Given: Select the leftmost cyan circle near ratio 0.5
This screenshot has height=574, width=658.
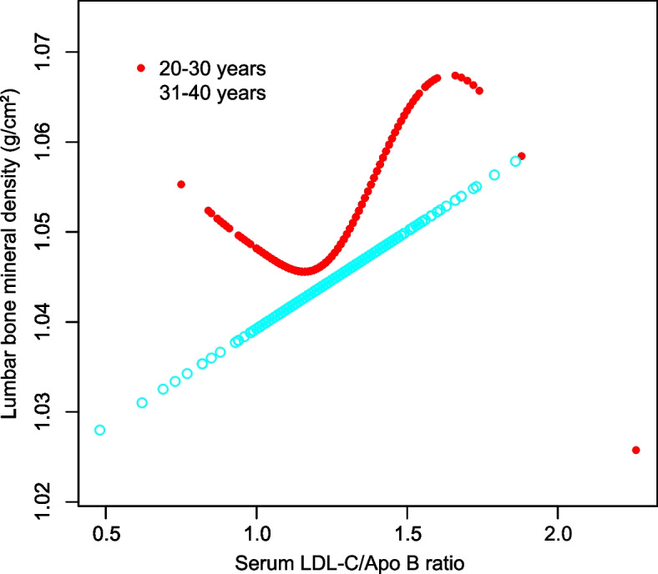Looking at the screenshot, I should click(100, 430).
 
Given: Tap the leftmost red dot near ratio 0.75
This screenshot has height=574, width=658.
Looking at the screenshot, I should click(181, 184).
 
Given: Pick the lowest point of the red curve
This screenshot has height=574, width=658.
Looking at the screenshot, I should click(305, 271).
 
